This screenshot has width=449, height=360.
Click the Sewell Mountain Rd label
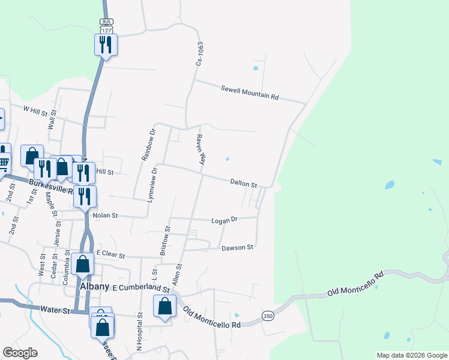tap(250, 92)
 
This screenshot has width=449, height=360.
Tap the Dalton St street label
tap(244, 182)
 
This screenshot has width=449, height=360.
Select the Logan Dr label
tap(225, 220)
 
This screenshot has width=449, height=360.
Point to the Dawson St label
tap(238, 247)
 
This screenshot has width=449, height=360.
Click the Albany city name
tap(94, 287)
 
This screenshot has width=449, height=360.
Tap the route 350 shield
tap(268, 316)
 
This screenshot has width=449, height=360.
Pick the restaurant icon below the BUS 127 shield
tap(106, 44)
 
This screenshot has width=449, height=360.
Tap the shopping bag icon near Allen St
tap(164, 306)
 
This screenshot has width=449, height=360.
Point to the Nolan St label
tap(105, 215)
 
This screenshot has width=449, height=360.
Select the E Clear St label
tap(110, 255)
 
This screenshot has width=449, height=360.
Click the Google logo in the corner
tap(20, 353)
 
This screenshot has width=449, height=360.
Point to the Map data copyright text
tap(411, 355)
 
